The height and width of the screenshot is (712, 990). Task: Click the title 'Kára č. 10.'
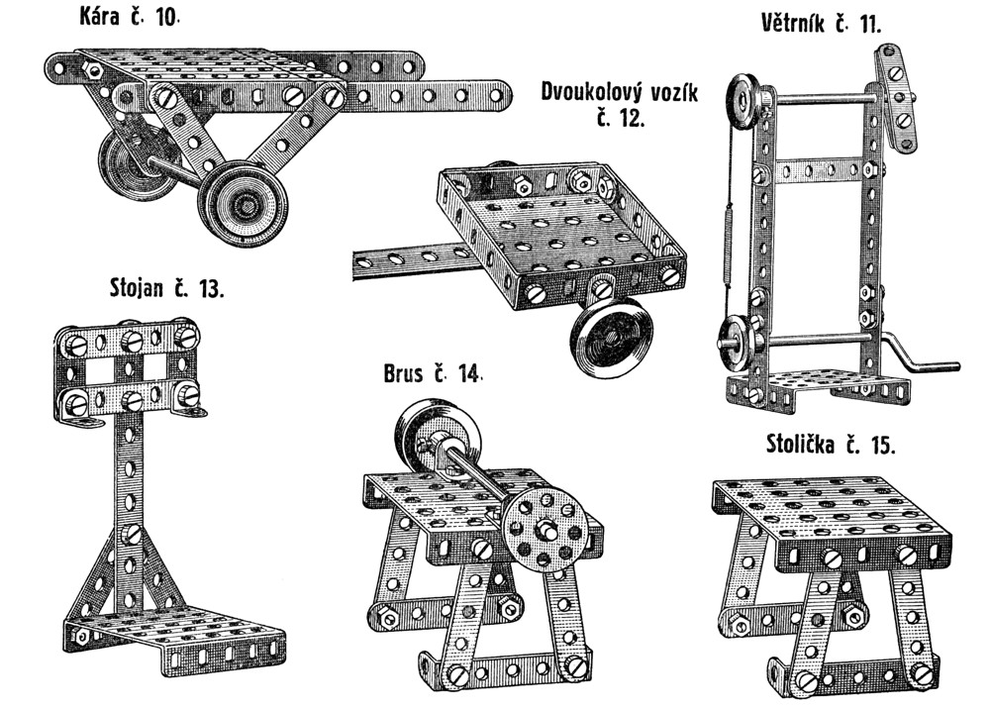coord(129,16)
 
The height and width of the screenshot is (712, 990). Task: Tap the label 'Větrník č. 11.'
coord(820,24)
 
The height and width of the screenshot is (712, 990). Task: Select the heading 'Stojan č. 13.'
coord(166,288)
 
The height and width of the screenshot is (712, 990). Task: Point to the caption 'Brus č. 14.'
coord(433,373)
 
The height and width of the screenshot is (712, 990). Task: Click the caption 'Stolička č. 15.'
coord(831,444)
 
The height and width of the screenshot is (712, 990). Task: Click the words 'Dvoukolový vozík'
coord(620,92)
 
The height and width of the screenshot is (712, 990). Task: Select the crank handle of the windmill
coord(921,360)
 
